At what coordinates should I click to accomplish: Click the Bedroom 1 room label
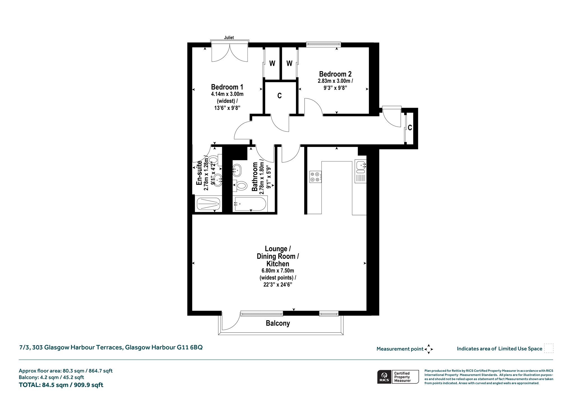click(x=227, y=87)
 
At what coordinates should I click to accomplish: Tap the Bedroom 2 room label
click(x=335, y=74)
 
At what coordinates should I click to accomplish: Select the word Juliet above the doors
click(x=229, y=38)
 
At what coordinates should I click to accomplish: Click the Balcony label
click(x=278, y=323)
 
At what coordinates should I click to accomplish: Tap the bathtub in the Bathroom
click(x=250, y=204)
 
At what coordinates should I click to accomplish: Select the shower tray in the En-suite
click(x=208, y=204)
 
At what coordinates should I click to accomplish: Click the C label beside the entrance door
click(x=410, y=128)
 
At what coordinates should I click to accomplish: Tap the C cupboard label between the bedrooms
click(x=279, y=96)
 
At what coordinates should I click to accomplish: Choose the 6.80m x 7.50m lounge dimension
click(x=278, y=271)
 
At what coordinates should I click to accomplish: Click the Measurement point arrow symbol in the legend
click(x=429, y=349)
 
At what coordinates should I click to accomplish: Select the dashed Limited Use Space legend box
click(x=549, y=348)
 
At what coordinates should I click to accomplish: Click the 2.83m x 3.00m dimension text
click(x=335, y=81)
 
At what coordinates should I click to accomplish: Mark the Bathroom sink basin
click(x=237, y=170)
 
